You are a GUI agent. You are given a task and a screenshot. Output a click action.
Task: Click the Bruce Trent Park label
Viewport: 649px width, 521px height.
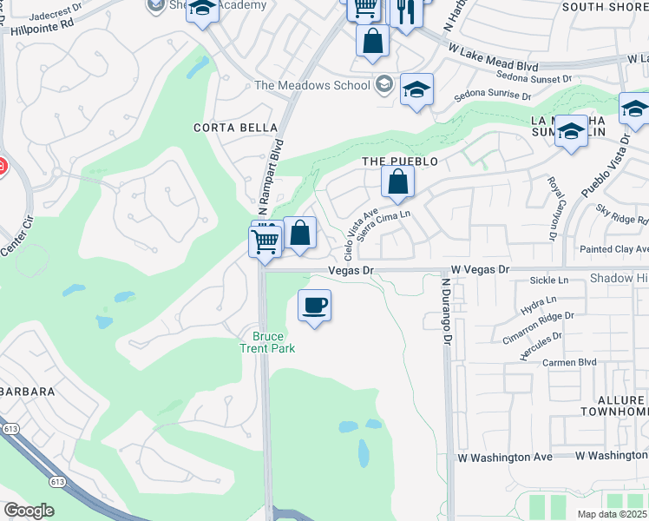274,342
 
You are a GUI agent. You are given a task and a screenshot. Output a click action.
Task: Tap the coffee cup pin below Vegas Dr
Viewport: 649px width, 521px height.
314,306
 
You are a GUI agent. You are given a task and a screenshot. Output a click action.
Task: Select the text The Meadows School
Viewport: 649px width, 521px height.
313,85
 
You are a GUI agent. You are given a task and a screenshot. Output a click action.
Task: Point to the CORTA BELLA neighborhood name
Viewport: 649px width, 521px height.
223,128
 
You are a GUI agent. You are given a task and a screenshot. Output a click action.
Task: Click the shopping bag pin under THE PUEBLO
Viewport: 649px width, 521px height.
397,182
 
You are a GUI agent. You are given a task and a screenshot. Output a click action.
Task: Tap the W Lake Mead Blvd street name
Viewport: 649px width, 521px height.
493,59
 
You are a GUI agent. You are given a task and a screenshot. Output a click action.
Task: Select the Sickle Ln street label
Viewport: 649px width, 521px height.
548,280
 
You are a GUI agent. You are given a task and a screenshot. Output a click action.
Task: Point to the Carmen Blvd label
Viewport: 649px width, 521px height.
570,362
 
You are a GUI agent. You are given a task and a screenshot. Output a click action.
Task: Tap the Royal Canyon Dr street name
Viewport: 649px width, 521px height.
551,208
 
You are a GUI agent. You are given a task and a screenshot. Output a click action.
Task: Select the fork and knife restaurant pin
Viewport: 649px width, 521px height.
404,12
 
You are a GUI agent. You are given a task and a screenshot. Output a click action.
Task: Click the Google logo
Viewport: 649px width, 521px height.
29,511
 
